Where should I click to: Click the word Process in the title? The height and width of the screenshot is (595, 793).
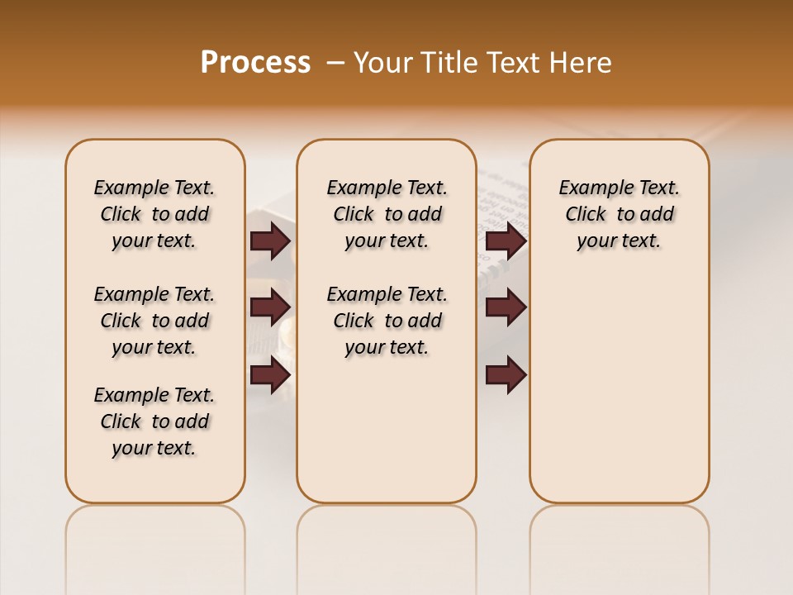[255, 62]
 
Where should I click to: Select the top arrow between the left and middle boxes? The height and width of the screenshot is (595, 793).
[270, 241]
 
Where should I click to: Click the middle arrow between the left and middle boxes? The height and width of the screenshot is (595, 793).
[270, 307]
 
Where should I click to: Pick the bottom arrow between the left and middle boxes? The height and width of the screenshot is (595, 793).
[270, 375]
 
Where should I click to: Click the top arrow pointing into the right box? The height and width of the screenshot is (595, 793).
[506, 241]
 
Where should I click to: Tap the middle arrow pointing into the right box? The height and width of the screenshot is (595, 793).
[506, 307]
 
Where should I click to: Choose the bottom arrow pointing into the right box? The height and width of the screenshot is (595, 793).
[506, 375]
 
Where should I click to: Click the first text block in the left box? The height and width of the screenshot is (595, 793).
[154, 214]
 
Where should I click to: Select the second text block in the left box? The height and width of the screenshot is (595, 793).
[154, 321]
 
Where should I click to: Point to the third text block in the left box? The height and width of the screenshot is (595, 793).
[154, 421]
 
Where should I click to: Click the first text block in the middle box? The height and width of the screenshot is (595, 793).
[387, 214]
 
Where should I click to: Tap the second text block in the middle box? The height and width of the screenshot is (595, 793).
[387, 321]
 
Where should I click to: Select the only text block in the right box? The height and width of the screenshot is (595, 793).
[619, 214]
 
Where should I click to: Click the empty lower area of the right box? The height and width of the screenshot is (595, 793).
[619, 388]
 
